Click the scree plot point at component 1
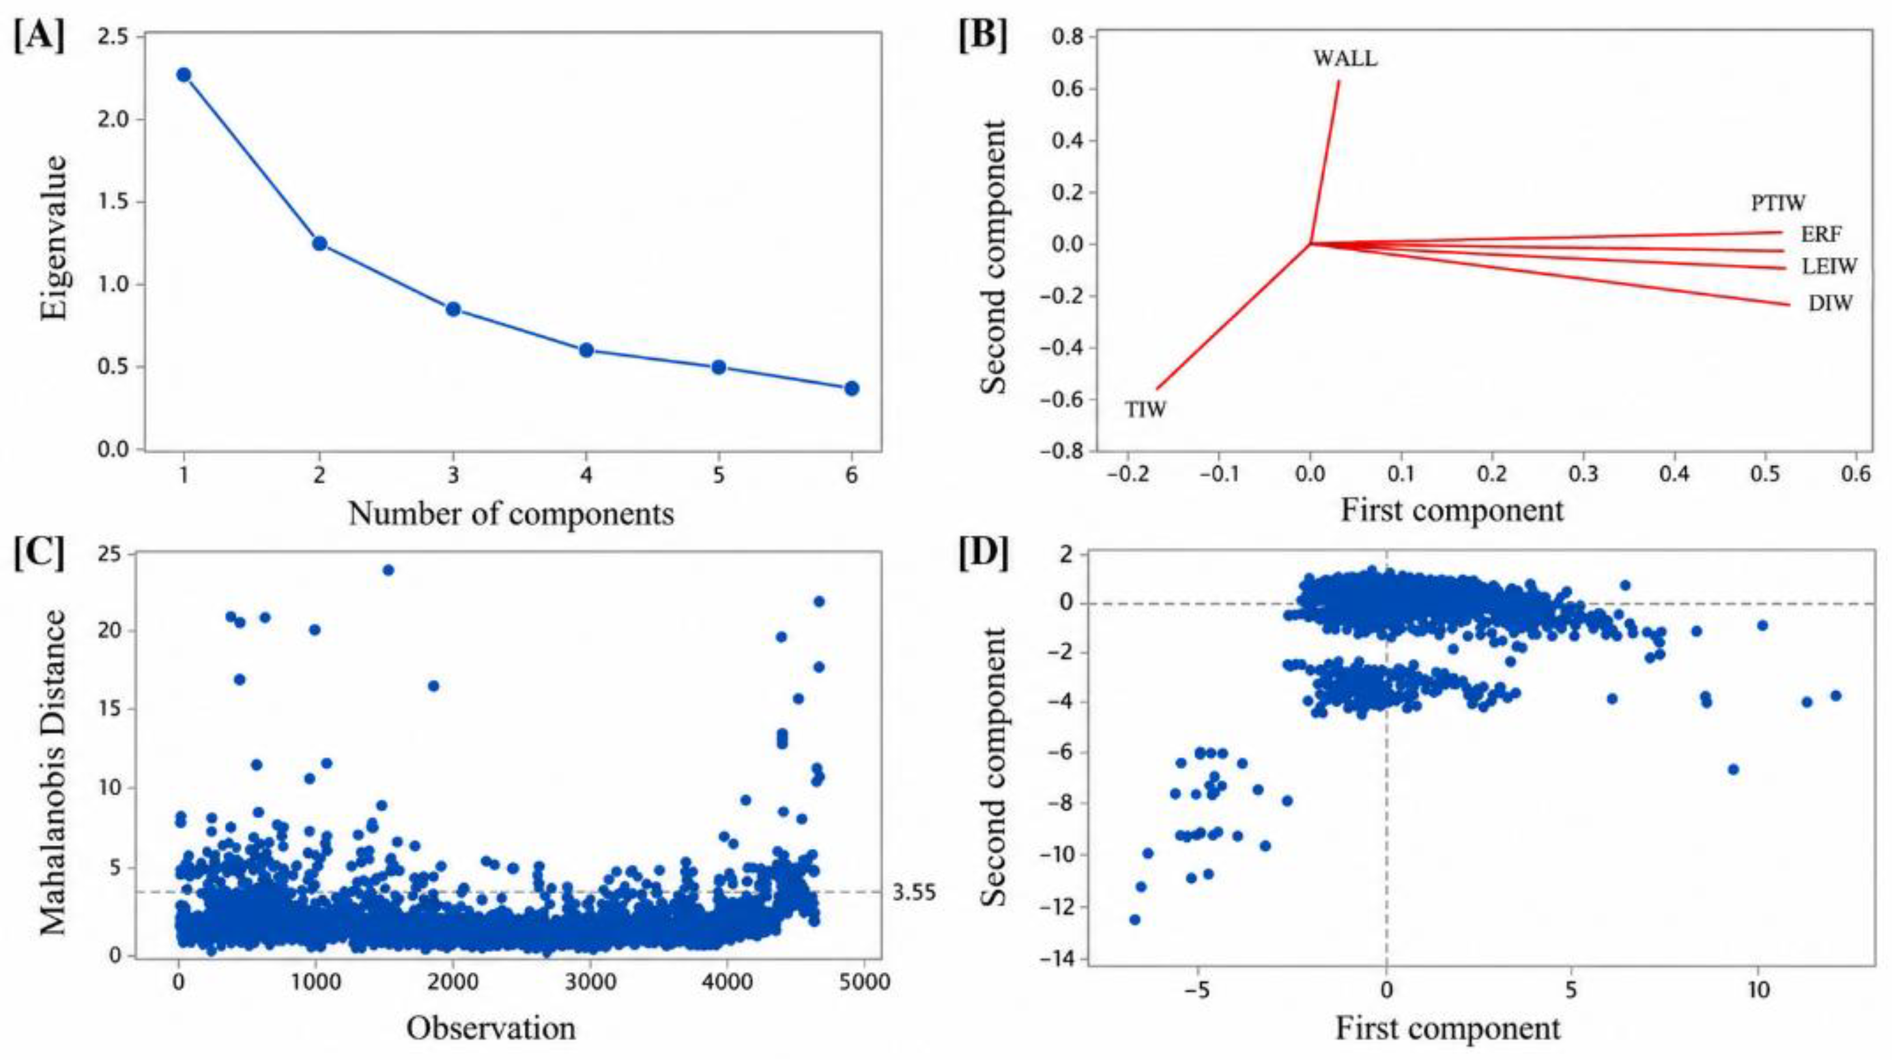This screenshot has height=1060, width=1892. coord(184,75)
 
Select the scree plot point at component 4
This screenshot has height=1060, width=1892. coord(586,350)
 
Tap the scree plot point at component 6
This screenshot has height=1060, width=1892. coord(852,388)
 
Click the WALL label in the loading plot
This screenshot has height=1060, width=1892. coord(1345,59)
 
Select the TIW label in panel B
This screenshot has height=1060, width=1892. coord(1146,410)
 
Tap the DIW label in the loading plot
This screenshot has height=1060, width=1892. coord(1830,302)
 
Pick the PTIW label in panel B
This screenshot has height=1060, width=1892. coord(1778,202)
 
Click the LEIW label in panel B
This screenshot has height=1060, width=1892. coord(1829,266)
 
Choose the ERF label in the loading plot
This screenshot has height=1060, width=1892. coord(1822,234)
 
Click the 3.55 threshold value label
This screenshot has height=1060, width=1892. coord(915,893)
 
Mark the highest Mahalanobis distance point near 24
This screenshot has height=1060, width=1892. coord(388,570)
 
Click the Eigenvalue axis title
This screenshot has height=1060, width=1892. coord(53,237)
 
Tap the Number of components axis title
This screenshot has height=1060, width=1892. coord(511,513)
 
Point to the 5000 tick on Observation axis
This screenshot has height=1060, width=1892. coord(864,981)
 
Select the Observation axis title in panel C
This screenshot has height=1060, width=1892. coord(491,1029)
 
